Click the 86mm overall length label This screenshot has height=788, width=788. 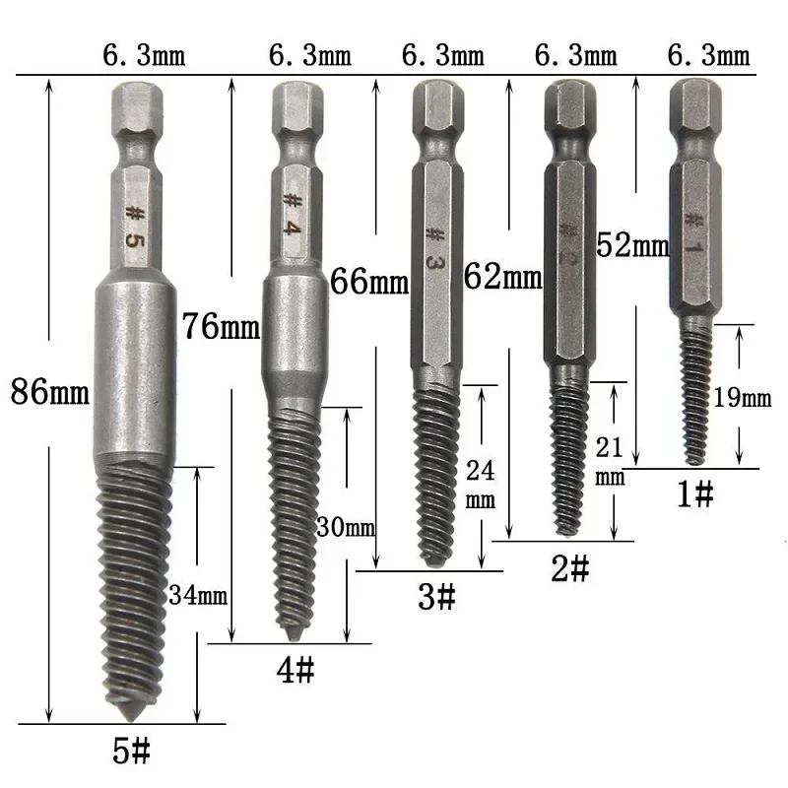coord(48,395)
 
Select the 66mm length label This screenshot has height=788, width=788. coord(370,283)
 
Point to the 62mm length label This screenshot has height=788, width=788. coord(503,277)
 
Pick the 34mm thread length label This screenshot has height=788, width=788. coord(198,595)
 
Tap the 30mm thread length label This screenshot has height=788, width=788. coord(345,527)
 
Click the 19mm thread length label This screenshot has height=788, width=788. coord(742,399)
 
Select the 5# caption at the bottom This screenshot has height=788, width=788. coord(130,754)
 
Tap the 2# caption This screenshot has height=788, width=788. coord(568,568)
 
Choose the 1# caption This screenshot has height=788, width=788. coord(694,495)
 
